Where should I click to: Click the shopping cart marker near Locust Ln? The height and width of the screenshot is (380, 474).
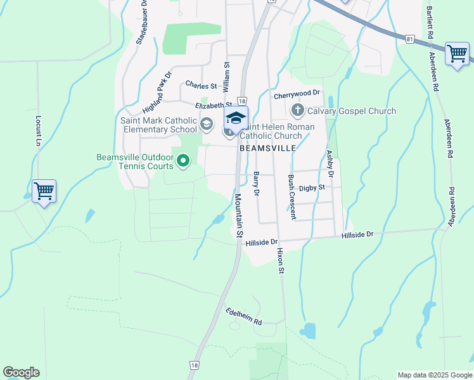pos(44,191)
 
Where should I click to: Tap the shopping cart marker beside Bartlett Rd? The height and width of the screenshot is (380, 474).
pos(457,53)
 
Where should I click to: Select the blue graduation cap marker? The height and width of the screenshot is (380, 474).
pos(236,118)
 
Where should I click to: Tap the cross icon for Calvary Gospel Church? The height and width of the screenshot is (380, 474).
pos(297,111)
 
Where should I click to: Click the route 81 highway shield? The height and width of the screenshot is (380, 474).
pos(411,39)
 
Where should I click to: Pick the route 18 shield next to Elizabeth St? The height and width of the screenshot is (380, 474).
pos(242,101)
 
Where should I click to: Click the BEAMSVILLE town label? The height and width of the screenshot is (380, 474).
pos(268,148)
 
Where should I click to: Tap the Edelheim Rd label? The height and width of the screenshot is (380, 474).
pos(243,316)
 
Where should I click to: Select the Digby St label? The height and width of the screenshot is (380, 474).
pos(312,187)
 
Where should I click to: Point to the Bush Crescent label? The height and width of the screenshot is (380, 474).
pos(291,197)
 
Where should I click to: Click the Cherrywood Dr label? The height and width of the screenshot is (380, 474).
pos(298,94)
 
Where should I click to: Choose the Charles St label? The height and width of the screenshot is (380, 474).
pos(201,85)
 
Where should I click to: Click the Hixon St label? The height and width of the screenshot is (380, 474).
pos(280,260)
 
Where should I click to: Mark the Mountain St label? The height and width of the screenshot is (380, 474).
pos(238,215)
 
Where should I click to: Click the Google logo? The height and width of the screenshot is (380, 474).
pos(21,372)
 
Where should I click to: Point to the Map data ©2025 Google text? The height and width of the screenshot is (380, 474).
pos(435,375)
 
